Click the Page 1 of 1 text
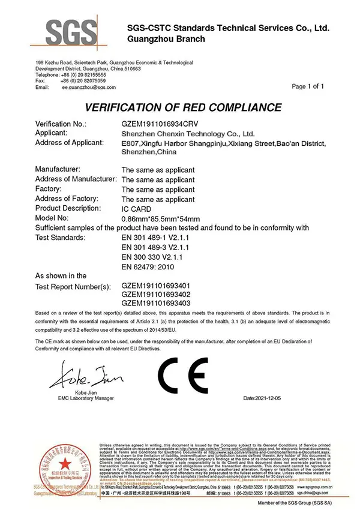(307, 86)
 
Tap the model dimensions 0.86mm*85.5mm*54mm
(160, 218)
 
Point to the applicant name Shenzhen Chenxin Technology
(188, 133)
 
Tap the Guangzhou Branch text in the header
(166, 39)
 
